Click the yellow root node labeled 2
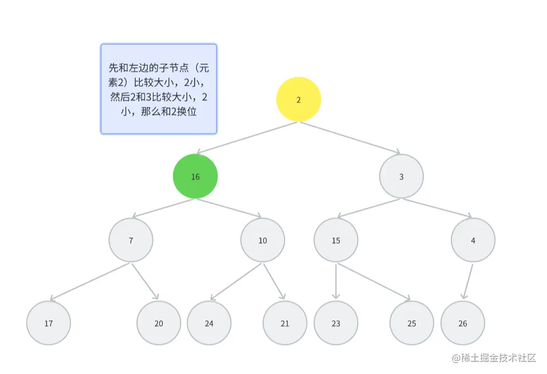(x=299, y=99)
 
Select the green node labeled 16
(x=195, y=176)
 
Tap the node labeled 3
(x=401, y=176)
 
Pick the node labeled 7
(x=131, y=240)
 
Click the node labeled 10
(x=262, y=240)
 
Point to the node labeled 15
(x=336, y=240)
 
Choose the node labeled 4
(x=473, y=240)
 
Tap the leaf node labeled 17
(x=48, y=323)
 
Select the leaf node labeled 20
(x=158, y=323)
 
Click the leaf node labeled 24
(x=209, y=323)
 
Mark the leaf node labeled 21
(x=285, y=323)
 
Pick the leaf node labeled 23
(x=336, y=323)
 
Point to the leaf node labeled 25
(x=411, y=323)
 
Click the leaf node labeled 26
(x=462, y=323)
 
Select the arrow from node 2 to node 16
(x=247, y=138)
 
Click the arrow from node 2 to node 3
(x=350, y=138)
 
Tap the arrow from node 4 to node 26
(x=468, y=282)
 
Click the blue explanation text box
(x=158, y=89)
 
